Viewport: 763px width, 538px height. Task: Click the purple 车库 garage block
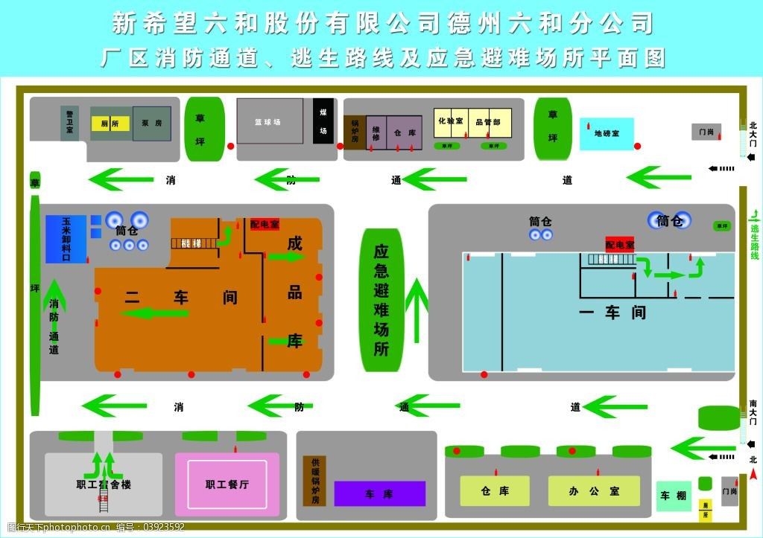(379, 493)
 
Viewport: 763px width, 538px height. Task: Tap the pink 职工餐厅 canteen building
(227, 484)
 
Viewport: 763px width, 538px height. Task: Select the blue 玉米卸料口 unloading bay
(66, 239)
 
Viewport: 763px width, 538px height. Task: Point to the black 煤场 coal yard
(323, 120)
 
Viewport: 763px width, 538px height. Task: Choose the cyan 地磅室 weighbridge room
(607, 134)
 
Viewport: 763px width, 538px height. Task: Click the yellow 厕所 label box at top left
(110, 124)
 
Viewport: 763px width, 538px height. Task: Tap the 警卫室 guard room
(69, 123)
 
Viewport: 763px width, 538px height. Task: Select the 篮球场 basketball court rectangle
(270, 121)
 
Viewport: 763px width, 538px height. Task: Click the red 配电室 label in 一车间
(619, 245)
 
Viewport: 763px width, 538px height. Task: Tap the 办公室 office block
(594, 491)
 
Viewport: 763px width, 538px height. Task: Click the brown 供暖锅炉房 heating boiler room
(314, 480)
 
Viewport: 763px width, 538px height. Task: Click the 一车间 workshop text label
(612, 313)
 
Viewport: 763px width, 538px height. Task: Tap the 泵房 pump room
(152, 124)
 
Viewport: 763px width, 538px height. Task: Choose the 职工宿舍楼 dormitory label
(104, 484)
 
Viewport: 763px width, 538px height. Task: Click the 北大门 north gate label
(753, 134)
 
